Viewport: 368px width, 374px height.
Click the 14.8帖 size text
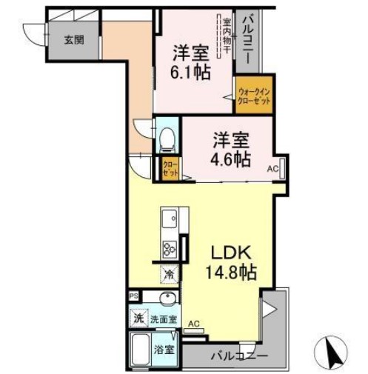point(230,273)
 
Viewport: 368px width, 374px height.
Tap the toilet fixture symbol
point(168,138)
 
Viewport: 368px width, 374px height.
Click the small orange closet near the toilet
point(170,167)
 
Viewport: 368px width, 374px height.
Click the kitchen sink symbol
point(170,219)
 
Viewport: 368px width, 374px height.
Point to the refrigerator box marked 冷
point(169,274)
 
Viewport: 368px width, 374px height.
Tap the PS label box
point(133,295)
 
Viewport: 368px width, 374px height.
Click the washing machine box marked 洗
point(138,319)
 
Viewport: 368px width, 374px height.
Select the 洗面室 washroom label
point(164,320)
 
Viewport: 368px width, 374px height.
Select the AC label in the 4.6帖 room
point(272,170)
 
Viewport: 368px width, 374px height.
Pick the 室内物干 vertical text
point(226,36)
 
